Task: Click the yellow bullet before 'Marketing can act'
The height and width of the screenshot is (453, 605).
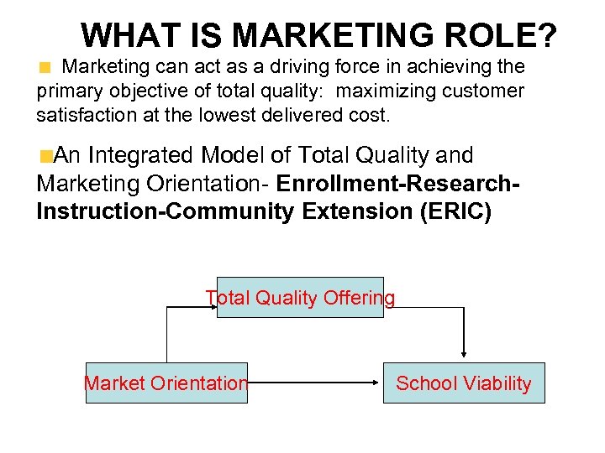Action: click(48, 67)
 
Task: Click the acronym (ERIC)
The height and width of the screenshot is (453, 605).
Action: click(454, 211)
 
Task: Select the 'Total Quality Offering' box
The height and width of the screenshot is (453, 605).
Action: click(300, 298)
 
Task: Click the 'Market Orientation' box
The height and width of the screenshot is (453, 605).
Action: click(166, 383)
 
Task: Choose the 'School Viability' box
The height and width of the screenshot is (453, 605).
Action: click(464, 383)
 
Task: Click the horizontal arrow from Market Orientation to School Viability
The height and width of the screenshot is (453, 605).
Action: click(315, 383)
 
